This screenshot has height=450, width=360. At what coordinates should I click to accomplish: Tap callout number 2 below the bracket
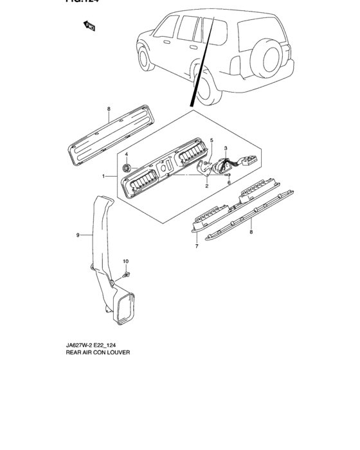[x=206, y=186]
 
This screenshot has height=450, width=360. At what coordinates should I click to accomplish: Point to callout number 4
[x=127, y=154]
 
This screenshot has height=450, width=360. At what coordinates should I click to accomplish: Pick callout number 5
[x=211, y=140]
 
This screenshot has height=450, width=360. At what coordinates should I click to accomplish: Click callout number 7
[x=195, y=246]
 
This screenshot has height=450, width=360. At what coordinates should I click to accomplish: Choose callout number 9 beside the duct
[x=78, y=235]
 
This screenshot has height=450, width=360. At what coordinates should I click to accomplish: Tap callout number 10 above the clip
[x=126, y=261]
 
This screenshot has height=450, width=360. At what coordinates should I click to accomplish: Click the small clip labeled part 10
[x=127, y=275]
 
